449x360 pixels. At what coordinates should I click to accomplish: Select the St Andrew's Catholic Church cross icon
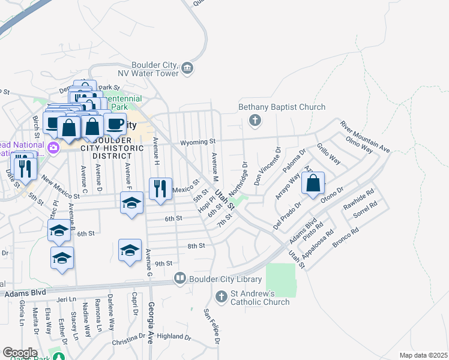point(221,296)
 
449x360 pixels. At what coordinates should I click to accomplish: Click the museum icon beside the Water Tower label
point(187,68)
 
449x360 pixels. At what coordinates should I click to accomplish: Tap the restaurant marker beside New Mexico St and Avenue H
point(160,189)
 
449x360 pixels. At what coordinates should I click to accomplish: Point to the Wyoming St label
point(197,142)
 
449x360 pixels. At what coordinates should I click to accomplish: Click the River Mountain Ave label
point(365,136)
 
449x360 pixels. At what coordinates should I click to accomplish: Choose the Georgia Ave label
point(150,321)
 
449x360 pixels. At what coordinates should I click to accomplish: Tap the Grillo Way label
point(328,154)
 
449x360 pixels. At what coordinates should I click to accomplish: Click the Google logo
point(20,352)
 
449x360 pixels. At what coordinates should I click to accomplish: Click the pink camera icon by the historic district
point(54,148)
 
